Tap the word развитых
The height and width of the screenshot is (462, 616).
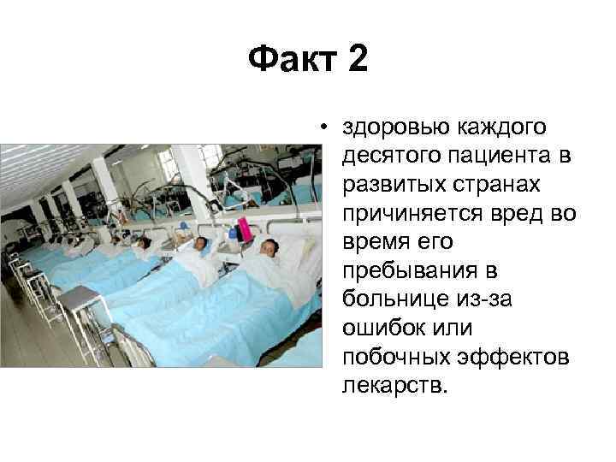coord(386,183)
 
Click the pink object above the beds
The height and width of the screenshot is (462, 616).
coord(244,228)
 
